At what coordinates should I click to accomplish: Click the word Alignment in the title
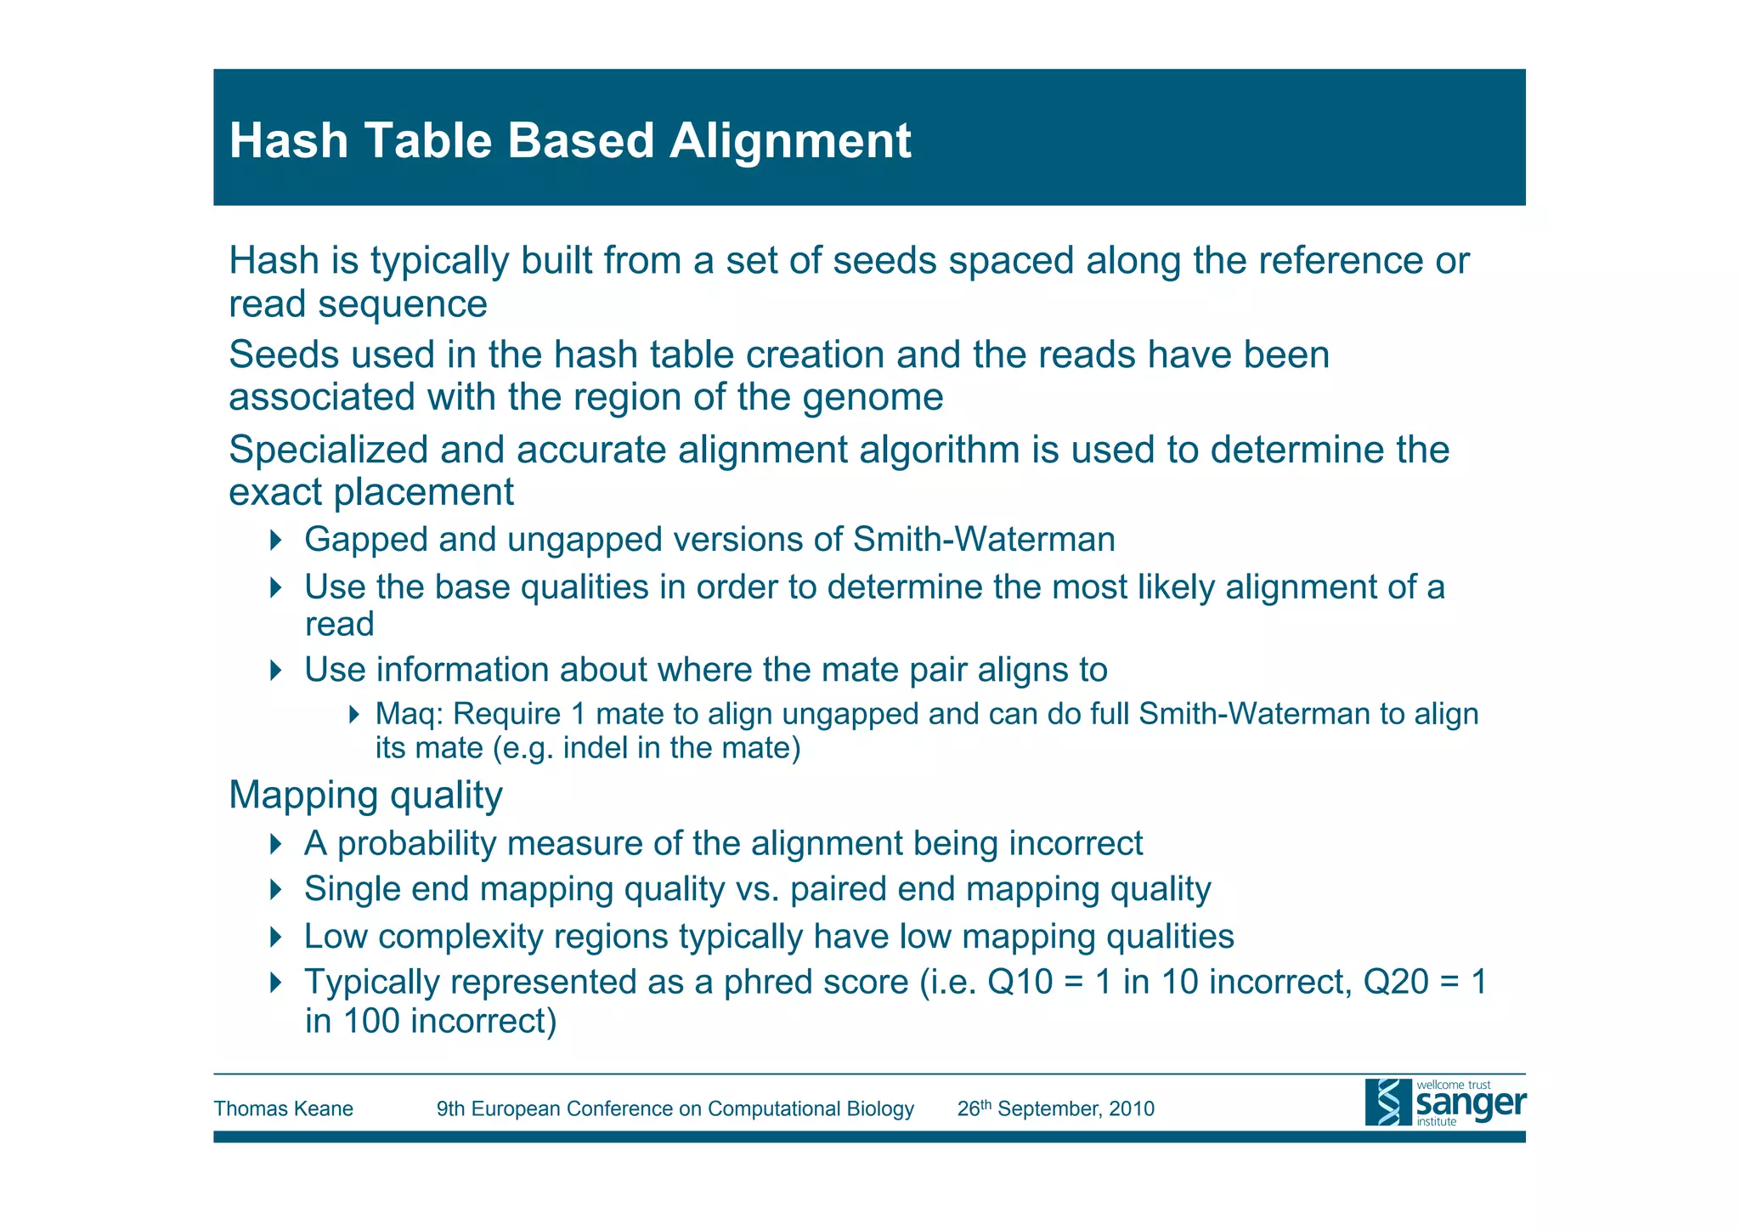click(789, 141)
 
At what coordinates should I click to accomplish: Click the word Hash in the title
click(289, 141)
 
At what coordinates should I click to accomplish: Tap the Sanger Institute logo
click(1444, 1102)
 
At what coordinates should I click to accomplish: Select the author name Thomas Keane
click(283, 1109)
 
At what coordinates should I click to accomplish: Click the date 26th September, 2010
click(1055, 1109)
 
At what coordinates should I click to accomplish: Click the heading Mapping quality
click(365, 796)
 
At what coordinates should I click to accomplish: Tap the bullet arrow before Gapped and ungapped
click(274, 540)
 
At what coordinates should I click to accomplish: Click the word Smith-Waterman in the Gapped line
click(984, 540)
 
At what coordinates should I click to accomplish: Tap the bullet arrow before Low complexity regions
click(274, 937)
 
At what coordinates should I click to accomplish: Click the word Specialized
click(327, 451)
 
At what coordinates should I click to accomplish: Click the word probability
click(415, 844)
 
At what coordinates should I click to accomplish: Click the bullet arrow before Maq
click(355, 714)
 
